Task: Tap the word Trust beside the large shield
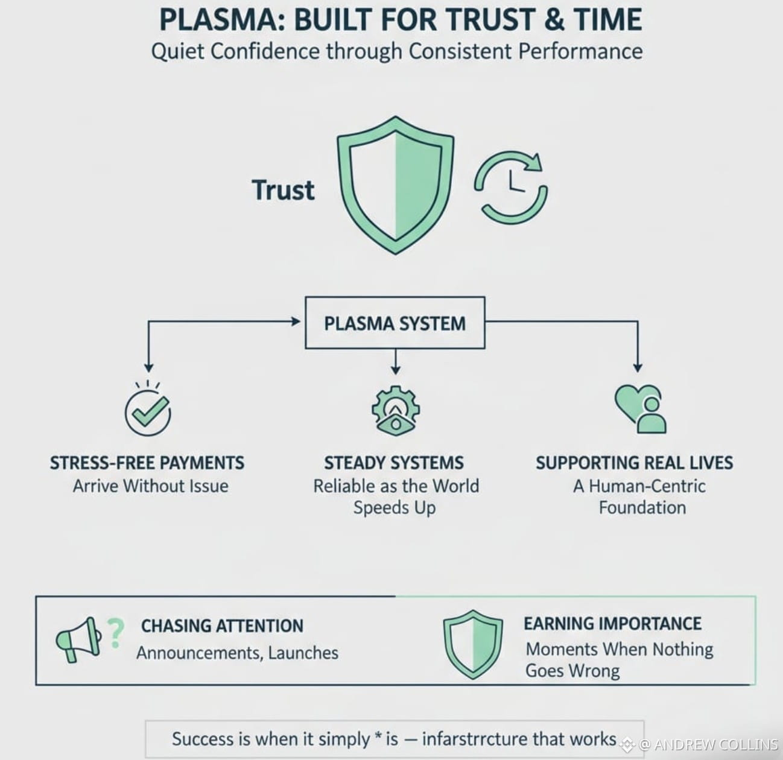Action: (283, 190)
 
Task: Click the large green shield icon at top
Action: (395, 185)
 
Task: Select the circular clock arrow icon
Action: (511, 187)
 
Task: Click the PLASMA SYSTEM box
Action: (395, 323)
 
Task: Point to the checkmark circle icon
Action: (147, 413)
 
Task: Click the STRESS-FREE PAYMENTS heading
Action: (147, 463)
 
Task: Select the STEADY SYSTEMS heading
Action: (394, 463)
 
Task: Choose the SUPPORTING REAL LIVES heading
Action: (635, 463)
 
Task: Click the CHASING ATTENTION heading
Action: (222, 626)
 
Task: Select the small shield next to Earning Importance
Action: (473, 644)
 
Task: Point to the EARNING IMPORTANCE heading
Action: (612, 623)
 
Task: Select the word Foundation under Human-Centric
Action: (642, 507)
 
